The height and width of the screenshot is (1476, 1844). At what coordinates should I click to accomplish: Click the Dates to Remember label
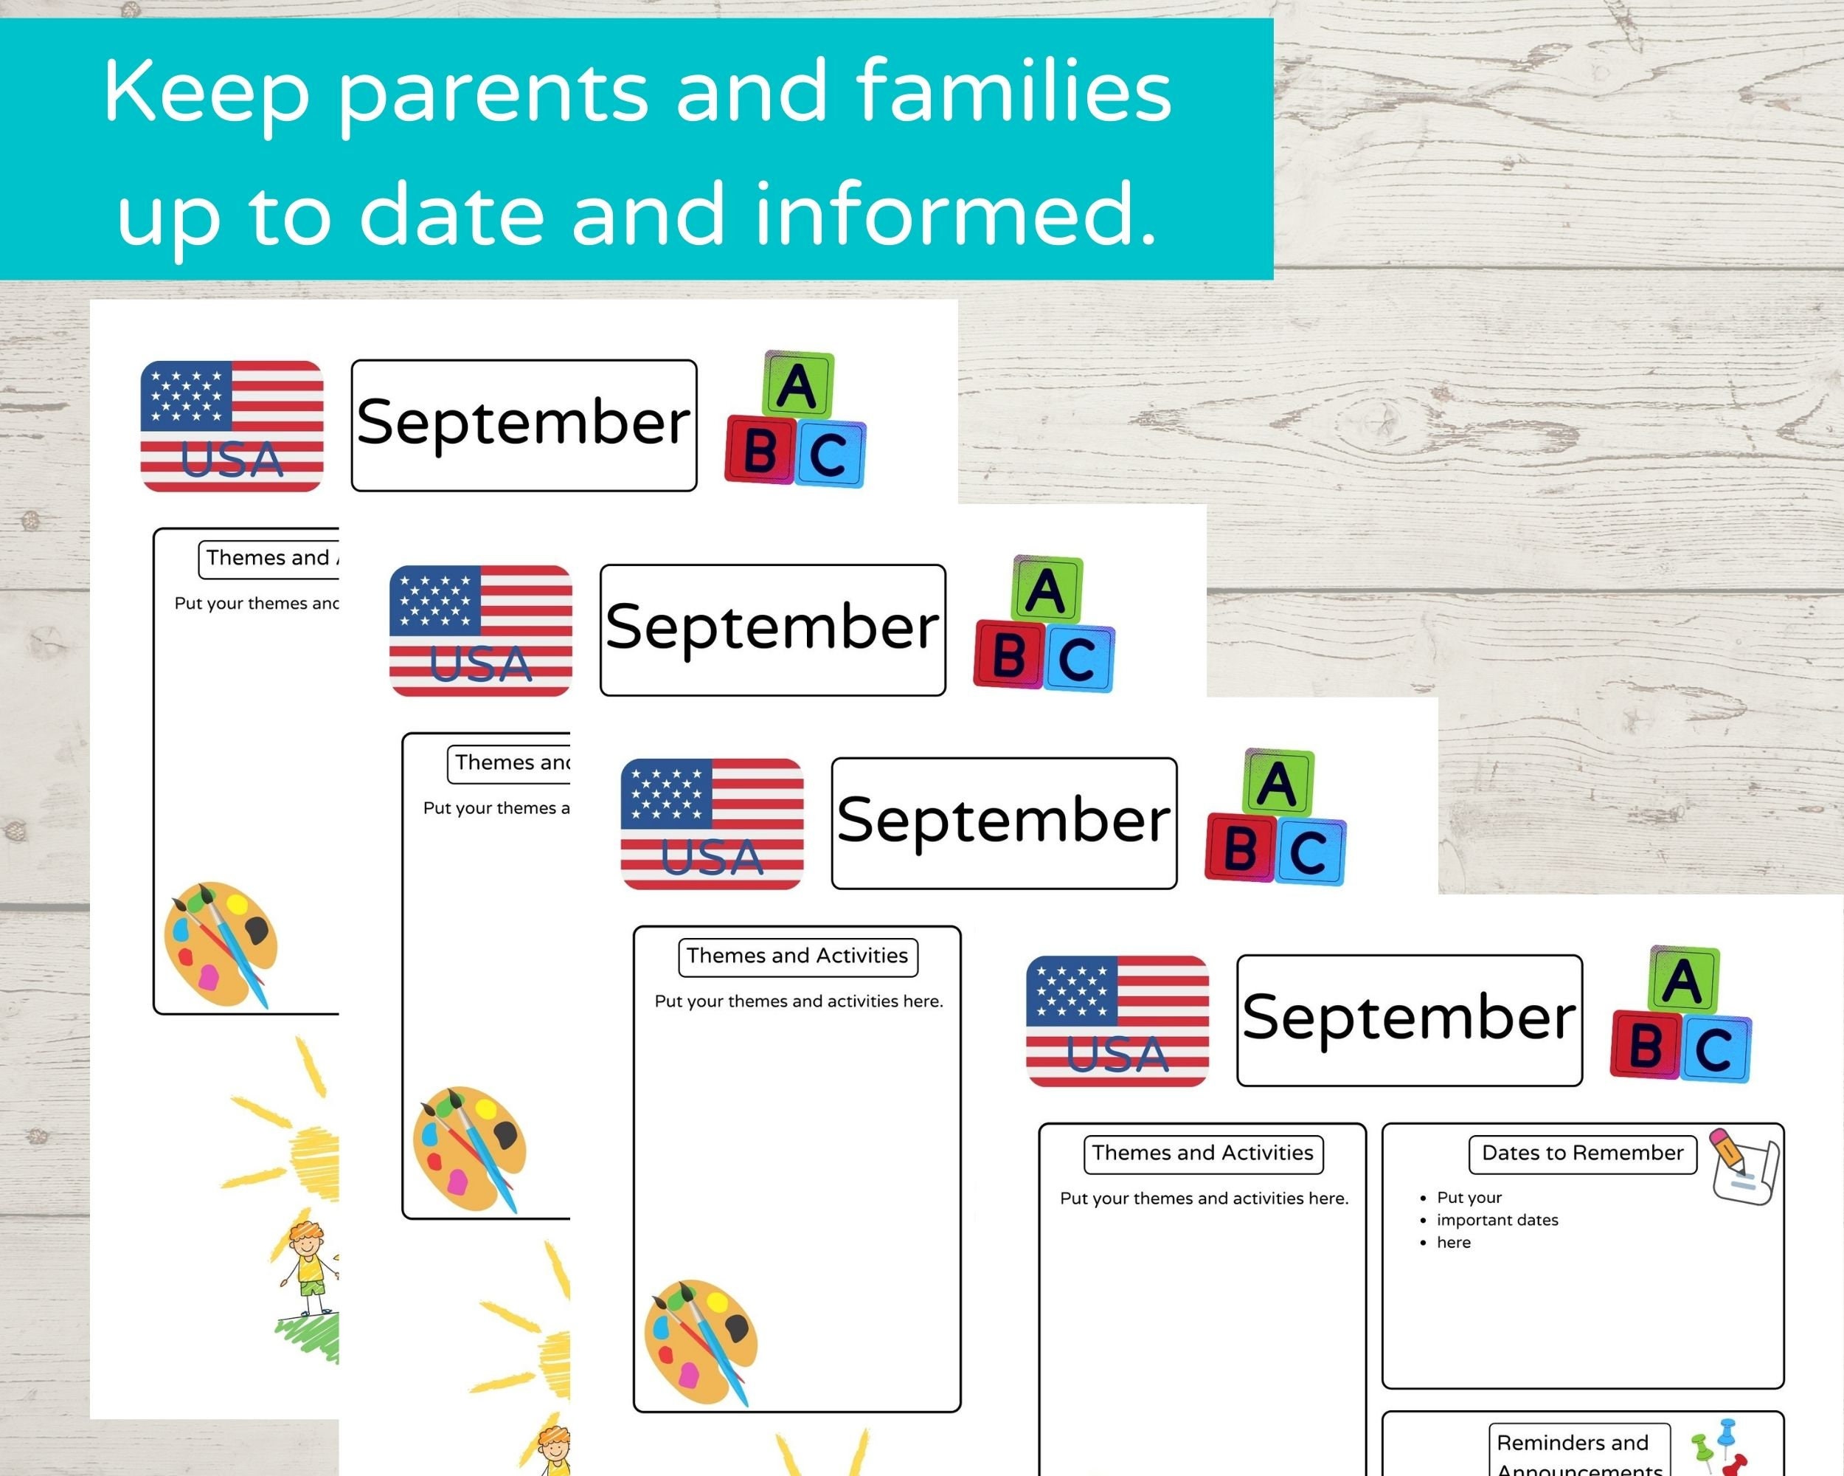pyautogui.click(x=1581, y=1153)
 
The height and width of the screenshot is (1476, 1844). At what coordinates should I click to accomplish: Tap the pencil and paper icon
pyautogui.click(x=1743, y=1166)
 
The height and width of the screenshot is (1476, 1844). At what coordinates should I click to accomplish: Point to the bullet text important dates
pyautogui.click(x=1497, y=1220)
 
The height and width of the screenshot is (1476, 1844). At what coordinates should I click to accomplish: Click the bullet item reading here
pyautogui.click(x=1453, y=1242)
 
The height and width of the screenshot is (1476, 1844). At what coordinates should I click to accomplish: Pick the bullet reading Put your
pyautogui.click(x=1469, y=1198)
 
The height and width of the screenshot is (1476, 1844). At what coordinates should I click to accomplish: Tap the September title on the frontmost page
pyautogui.click(x=1409, y=1019)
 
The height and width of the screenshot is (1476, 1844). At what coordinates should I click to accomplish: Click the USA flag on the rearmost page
pyautogui.click(x=232, y=426)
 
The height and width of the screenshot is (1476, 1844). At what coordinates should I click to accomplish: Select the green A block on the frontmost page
pyautogui.click(x=1683, y=980)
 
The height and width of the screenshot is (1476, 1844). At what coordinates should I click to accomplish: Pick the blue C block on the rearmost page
pyautogui.click(x=831, y=455)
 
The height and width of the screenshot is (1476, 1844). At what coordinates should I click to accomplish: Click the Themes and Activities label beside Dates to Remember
pyautogui.click(x=1202, y=1153)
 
